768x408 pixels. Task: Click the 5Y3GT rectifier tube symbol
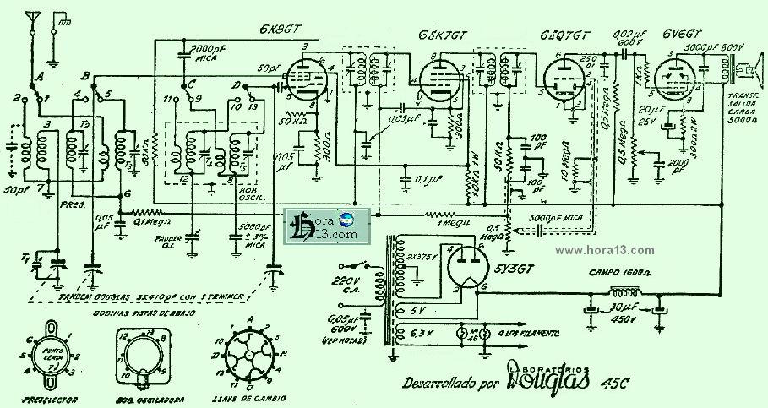(465, 267)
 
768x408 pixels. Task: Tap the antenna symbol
(33, 19)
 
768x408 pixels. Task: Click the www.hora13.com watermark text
(607, 250)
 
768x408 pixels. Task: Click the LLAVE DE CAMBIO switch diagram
(250, 355)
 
